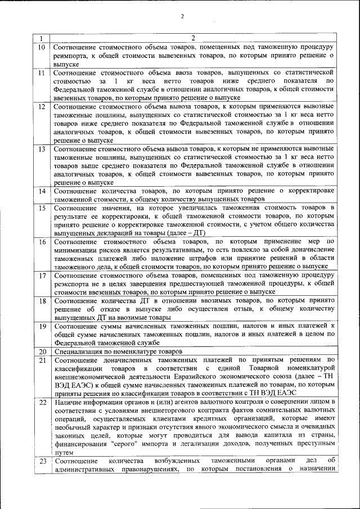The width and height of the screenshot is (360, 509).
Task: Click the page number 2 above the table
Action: pyautogui.click(x=182, y=16)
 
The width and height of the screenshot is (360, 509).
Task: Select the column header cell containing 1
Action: pyautogui.click(x=41, y=38)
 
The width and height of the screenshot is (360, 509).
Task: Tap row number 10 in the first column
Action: pyautogui.click(x=41, y=47)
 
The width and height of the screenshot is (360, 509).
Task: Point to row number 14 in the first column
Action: pyautogui.click(x=41, y=192)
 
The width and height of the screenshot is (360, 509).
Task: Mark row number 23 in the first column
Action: pyautogui.click(x=41, y=462)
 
